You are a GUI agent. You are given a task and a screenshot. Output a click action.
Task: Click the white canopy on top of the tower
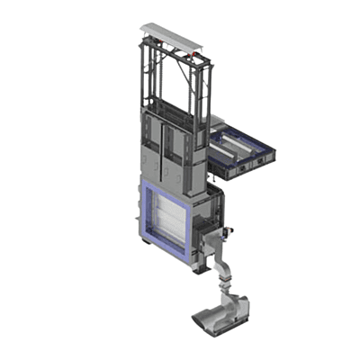171,33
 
